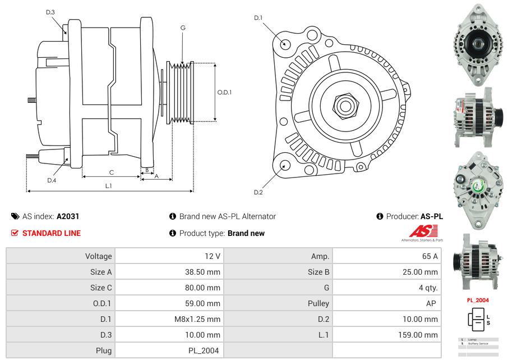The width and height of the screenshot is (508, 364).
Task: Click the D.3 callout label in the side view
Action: [x=50, y=12]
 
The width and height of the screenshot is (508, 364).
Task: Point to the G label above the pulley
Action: [x=183, y=28]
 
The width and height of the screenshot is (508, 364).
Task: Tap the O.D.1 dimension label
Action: [x=224, y=92]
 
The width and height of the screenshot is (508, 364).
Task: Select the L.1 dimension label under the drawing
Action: [x=109, y=186]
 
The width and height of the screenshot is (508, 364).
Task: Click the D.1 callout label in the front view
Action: [x=258, y=18]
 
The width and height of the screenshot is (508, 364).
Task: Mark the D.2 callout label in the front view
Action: [x=258, y=193]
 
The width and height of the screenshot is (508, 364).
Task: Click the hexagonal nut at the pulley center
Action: [x=345, y=105]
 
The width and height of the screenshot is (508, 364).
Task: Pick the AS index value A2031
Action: [x=68, y=216]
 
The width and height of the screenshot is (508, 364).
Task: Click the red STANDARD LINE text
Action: [x=52, y=233]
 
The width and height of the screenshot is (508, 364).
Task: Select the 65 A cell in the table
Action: [x=430, y=256]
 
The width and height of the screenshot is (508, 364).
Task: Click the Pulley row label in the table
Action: [x=318, y=303]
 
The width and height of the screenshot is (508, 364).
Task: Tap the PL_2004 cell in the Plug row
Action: [x=204, y=351]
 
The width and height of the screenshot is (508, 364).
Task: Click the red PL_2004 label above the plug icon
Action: [x=478, y=300]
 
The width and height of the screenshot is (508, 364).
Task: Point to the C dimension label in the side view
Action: [x=112, y=172]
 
